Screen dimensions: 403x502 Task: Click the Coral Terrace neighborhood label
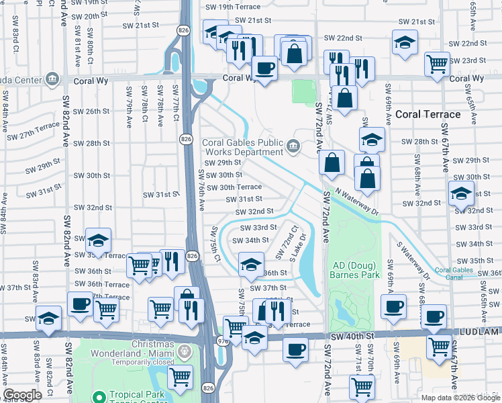pos(428,114)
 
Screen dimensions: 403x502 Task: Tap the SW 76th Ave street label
pos(201,189)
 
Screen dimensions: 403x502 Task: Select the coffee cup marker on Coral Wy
pos(264,68)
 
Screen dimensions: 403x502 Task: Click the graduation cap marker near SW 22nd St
pos(405,42)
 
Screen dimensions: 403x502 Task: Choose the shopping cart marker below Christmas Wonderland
pos(180,377)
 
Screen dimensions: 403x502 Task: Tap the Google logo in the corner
pos(22,395)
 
